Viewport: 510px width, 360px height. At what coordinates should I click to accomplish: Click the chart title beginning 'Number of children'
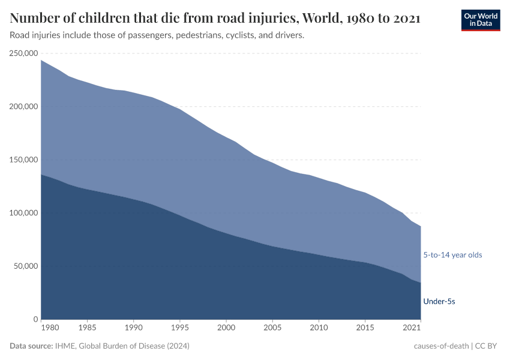pyautogui.click(x=215, y=19)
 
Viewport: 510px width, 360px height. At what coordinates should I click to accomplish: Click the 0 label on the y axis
pyautogui.click(x=36, y=319)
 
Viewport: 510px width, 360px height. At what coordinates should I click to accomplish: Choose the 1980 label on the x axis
pyautogui.click(x=50, y=328)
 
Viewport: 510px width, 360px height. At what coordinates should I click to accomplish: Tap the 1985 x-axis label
pyautogui.click(x=87, y=328)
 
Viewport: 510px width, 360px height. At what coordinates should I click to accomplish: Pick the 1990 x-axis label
pyautogui.click(x=133, y=328)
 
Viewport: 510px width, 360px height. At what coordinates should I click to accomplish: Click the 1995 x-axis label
pyautogui.click(x=179, y=328)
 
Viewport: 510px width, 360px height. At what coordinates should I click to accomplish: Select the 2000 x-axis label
pyautogui.click(x=226, y=328)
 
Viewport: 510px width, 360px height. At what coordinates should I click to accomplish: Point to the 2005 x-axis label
pyautogui.click(x=272, y=328)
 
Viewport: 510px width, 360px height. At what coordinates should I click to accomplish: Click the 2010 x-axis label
pyautogui.click(x=318, y=328)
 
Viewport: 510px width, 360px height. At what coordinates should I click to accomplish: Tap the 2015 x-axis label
pyautogui.click(x=364, y=328)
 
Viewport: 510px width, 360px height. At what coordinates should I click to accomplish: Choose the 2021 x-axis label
pyautogui.click(x=412, y=328)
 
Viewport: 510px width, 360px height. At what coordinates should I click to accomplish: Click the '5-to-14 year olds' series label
pyautogui.click(x=452, y=255)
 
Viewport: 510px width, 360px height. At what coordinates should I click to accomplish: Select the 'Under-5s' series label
pyautogui.click(x=439, y=301)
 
